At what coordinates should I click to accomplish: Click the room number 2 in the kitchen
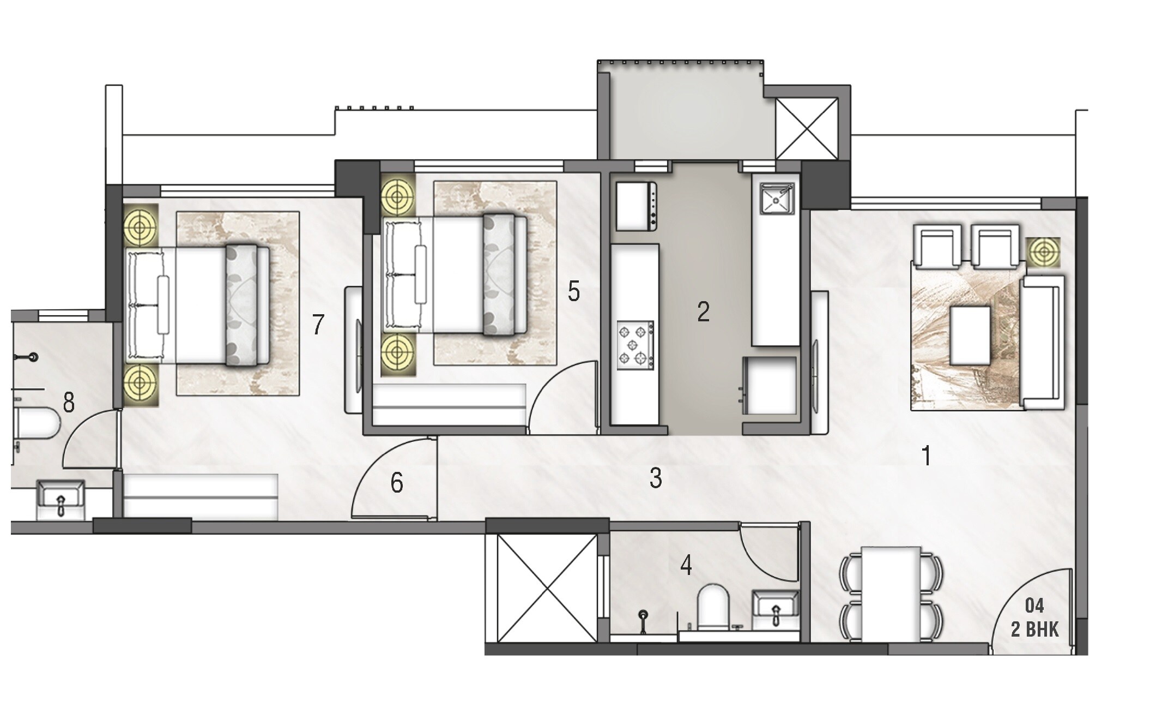coord(703,311)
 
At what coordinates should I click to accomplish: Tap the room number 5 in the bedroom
coord(573,292)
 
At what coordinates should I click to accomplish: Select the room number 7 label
coord(318,325)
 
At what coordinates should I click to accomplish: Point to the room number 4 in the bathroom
coord(686,566)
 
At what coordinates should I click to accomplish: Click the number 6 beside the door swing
coord(397,483)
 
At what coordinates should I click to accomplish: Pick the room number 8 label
coord(69,404)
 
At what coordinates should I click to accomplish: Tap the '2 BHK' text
coord(1034,630)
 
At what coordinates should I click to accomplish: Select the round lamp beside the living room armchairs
coord(1044,253)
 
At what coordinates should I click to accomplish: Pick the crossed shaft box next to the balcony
coord(806,129)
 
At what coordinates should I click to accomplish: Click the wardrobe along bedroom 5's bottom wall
coord(449,404)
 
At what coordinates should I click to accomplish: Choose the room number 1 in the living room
coord(926,456)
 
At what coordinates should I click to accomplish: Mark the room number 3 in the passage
coord(656,478)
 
